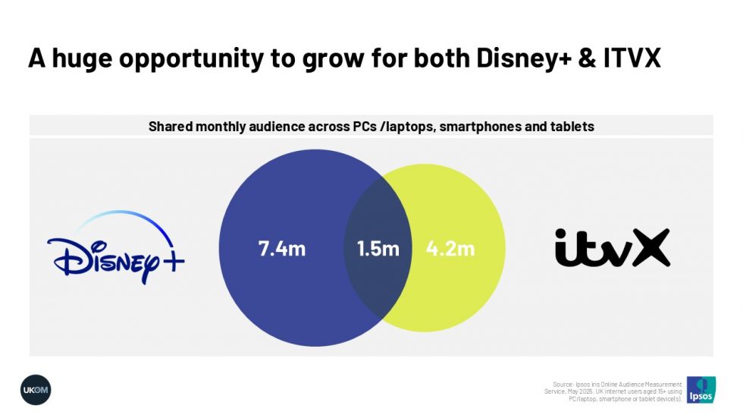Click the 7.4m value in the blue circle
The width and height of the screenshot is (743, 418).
click(x=282, y=249)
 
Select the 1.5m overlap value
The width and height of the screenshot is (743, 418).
click(x=378, y=249)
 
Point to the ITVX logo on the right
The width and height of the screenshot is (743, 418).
click(x=612, y=248)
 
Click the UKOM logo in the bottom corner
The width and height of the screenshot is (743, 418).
click(x=36, y=389)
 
